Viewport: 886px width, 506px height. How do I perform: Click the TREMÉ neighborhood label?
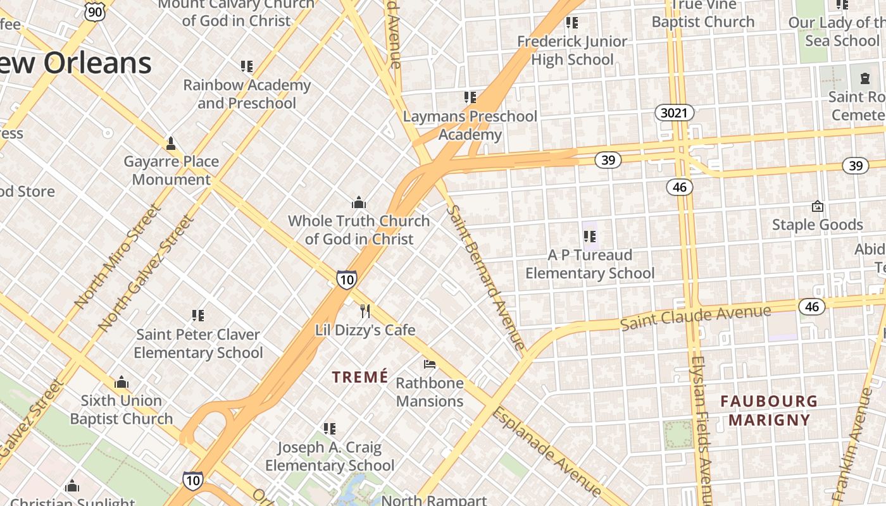click(360, 377)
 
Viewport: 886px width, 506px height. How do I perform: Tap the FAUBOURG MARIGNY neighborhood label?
click(769, 410)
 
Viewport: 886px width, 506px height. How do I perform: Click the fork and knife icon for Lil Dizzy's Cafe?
click(365, 311)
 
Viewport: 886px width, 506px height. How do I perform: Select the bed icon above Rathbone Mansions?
click(430, 364)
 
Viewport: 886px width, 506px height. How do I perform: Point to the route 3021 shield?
click(674, 113)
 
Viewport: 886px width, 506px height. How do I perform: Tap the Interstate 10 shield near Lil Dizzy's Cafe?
click(346, 280)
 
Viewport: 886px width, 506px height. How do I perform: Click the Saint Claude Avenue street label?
click(696, 316)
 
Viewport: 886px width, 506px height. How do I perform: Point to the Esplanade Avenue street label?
click(547, 451)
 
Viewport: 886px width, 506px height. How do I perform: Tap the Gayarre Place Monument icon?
click(170, 144)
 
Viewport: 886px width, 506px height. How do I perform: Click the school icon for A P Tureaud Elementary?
click(590, 237)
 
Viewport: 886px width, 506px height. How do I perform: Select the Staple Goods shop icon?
click(817, 206)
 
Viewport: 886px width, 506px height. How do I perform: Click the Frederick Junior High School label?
click(572, 51)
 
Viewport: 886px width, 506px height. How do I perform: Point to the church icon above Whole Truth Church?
click(359, 202)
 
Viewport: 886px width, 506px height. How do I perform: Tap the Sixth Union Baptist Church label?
click(121, 409)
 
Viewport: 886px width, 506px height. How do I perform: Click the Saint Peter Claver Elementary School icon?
click(197, 315)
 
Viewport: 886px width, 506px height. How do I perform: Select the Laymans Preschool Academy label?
click(470, 125)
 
